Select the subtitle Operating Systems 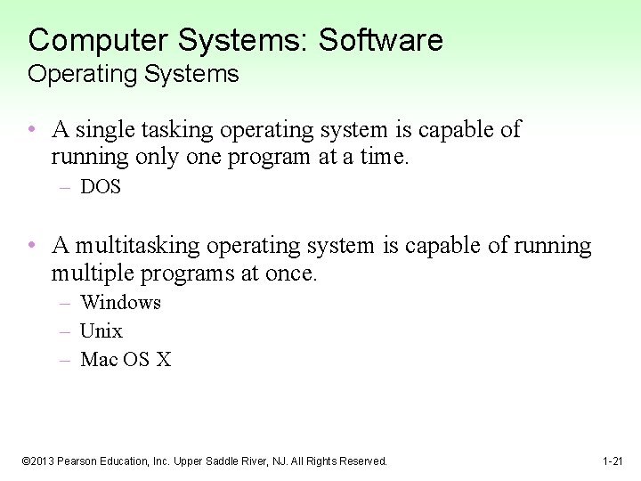(134, 74)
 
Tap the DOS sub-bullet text (100, 187)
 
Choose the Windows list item (120, 303)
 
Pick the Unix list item (101, 331)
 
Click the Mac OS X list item (125, 360)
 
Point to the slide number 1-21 (613, 461)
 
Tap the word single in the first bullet (101, 130)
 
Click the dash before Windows (65, 303)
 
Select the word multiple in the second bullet (89, 273)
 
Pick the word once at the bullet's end (290, 273)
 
